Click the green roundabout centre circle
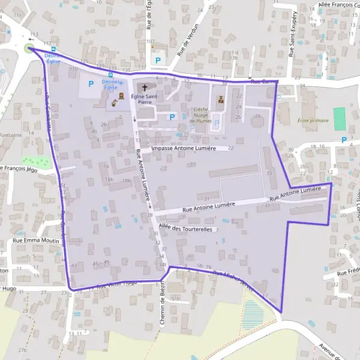tap(29, 48)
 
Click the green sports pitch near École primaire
tap(340, 119)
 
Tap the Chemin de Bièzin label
tap(162, 303)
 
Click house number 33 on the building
tap(269, 173)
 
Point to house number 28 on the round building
tap(257, 116)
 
